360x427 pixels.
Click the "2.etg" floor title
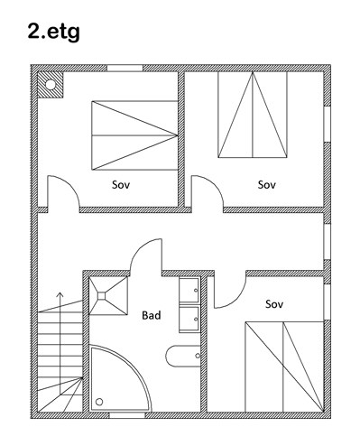point(53,32)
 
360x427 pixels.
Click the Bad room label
point(152,315)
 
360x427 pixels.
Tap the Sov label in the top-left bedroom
point(121,184)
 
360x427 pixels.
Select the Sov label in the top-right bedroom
point(267,184)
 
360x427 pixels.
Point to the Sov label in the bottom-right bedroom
point(274,304)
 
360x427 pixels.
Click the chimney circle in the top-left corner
point(51,84)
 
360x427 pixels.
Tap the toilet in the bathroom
point(183,356)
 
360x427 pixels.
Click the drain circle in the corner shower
point(99,402)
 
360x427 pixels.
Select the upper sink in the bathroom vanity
point(189,290)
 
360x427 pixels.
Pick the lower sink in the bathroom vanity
point(189,319)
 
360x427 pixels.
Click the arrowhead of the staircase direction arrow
point(60,294)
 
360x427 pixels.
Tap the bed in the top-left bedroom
point(134,135)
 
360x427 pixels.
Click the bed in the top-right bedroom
point(253,115)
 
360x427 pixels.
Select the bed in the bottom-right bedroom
point(284,367)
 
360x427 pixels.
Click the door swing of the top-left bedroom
point(71,183)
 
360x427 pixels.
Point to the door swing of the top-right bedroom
point(215,183)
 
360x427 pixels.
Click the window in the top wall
point(125,68)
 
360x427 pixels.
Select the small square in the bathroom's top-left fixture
point(101,296)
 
